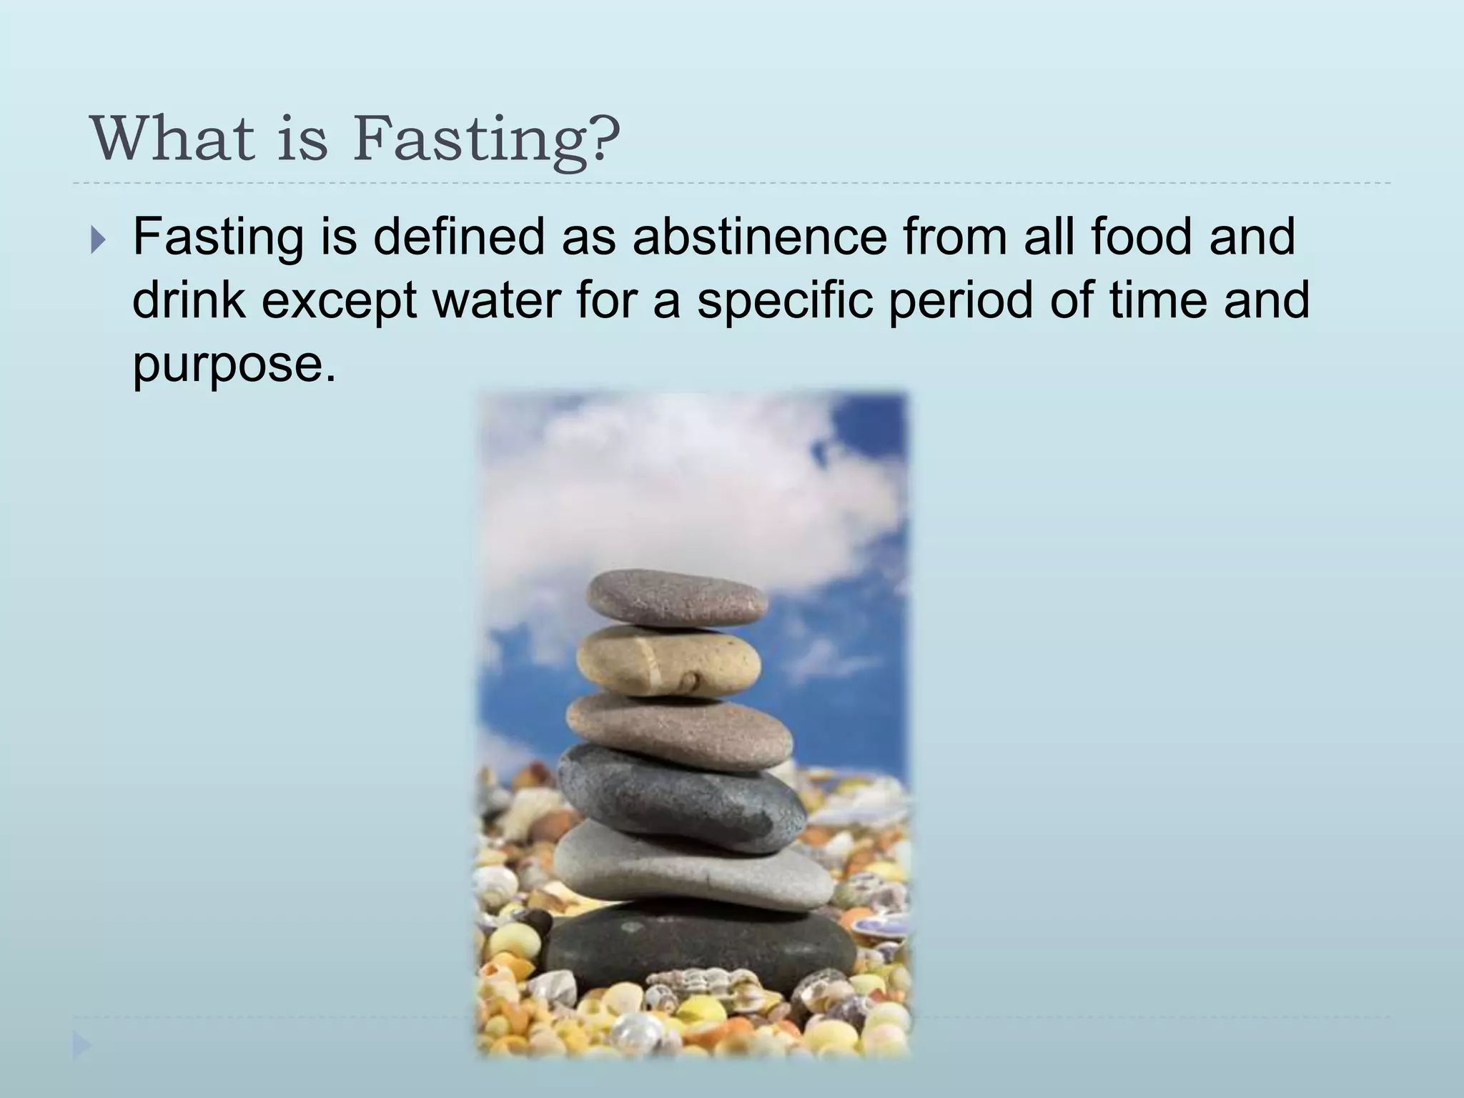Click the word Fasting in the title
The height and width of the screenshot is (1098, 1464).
pos(472,139)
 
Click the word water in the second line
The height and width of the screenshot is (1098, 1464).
pos(497,300)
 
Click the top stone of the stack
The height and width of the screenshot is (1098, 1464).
pos(676,598)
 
